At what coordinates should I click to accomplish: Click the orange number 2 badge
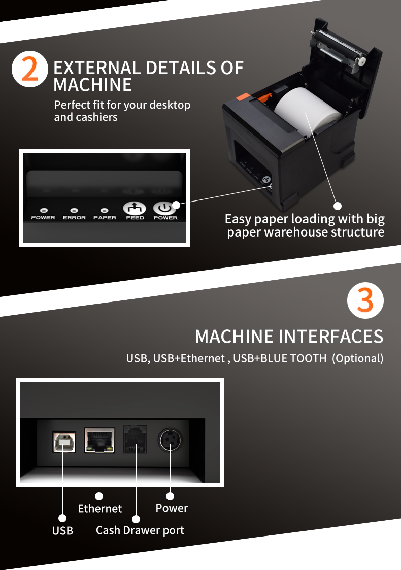pyautogui.click(x=29, y=70)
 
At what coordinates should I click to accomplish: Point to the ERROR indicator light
pyautogui.click(x=74, y=210)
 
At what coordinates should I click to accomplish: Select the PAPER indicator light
pyautogui.click(x=105, y=210)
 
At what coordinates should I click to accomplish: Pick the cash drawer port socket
pyautogui.click(x=135, y=440)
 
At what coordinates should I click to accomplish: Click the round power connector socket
pyautogui.click(x=170, y=440)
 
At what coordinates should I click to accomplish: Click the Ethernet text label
pyautogui.click(x=100, y=508)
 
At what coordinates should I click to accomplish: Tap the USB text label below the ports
pyautogui.click(x=62, y=530)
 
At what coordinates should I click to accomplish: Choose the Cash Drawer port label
pyautogui.click(x=140, y=530)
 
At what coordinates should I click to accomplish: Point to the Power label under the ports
pyautogui.click(x=172, y=508)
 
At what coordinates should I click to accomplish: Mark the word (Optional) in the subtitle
pyautogui.click(x=357, y=358)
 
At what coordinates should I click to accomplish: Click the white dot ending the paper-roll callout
pyautogui.click(x=338, y=206)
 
